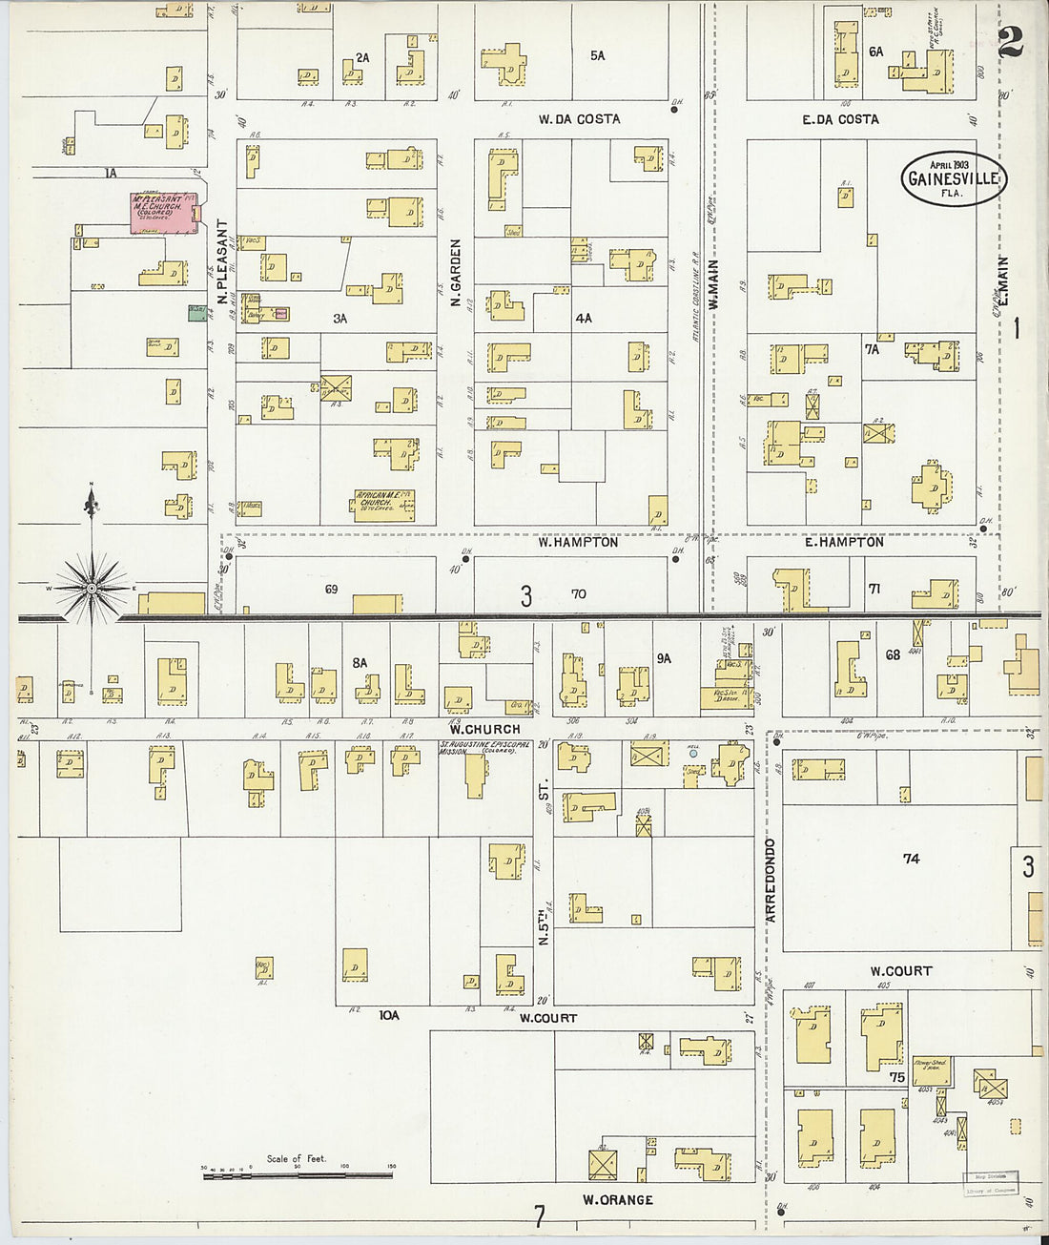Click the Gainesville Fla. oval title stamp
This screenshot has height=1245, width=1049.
tap(954, 178)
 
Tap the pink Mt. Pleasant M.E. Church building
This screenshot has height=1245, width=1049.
tap(161, 213)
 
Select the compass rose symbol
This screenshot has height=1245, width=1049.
tap(91, 589)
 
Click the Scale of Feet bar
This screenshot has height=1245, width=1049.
tap(297, 1175)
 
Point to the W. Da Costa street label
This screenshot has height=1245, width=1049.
tap(579, 119)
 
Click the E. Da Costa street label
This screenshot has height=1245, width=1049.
tap(840, 119)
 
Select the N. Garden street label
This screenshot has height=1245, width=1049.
tap(456, 273)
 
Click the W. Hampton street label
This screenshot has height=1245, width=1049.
tap(578, 542)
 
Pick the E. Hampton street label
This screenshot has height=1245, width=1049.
tap(843, 542)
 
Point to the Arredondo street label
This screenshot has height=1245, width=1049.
tap(771, 880)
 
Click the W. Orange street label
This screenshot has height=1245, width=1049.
tap(618, 1199)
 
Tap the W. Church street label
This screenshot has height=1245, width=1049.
tap(485, 729)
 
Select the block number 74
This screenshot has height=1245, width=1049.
tap(911, 859)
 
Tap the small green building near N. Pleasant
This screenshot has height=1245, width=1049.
tap(197, 312)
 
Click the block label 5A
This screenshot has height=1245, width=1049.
tap(597, 56)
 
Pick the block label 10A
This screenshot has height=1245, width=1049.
tap(388, 1015)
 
